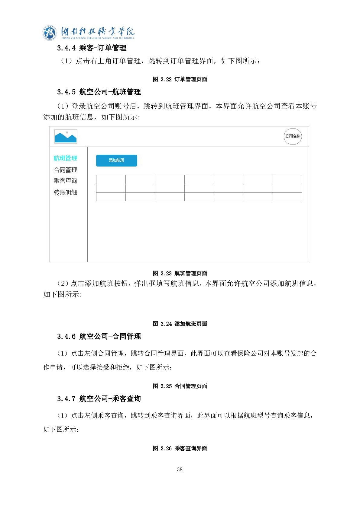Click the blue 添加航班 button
[x=116, y=160]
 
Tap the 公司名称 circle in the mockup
[x=293, y=136]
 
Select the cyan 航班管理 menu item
[x=65, y=158]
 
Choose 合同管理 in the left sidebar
[x=65, y=170]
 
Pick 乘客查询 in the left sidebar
[x=65, y=181]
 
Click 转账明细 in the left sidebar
[x=65, y=192]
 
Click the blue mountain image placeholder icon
[x=66, y=137]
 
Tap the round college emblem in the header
[x=50, y=33]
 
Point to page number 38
[x=180, y=469]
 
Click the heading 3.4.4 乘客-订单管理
[x=92, y=48]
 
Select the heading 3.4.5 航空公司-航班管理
[x=99, y=92]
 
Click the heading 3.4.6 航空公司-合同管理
[x=99, y=336]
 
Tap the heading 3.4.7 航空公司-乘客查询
[x=99, y=398]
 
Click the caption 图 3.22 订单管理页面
[x=180, y=79]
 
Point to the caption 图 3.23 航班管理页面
[x=180, y=273]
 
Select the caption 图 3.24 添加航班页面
[x=180, y=324]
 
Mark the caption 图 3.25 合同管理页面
[x=180, y=386]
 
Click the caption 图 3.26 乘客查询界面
[x=180, y=448]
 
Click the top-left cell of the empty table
[x=111, y=179]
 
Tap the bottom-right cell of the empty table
[x=287, y=197]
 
